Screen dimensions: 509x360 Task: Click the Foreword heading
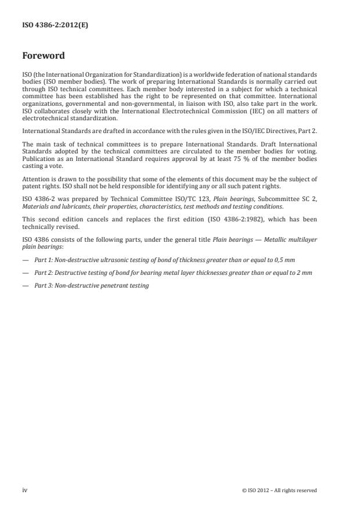44,56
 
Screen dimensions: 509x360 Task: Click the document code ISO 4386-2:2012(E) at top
55,26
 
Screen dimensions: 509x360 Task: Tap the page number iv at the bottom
24,490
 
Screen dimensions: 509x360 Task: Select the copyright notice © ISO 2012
279,490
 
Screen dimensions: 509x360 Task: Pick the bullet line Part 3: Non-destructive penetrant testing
91,285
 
